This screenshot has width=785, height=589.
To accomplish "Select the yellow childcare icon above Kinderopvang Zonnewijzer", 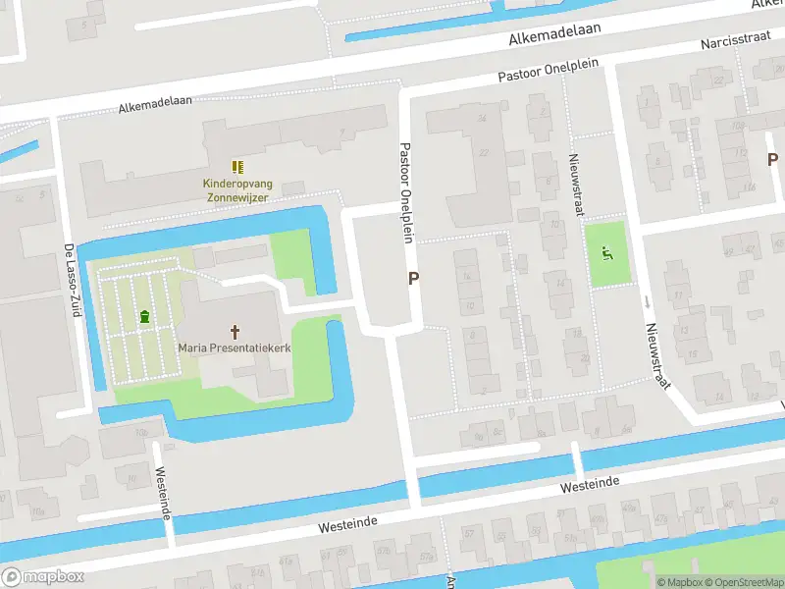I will click(235, 168).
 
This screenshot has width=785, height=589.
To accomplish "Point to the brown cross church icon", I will click(235, 332).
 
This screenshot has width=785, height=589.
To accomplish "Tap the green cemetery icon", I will click(145, 316).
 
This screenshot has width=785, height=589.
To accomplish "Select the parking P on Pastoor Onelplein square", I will click(414, 279).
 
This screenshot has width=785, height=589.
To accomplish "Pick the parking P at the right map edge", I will click(772, 159).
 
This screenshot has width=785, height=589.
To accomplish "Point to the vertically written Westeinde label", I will click(163, 494).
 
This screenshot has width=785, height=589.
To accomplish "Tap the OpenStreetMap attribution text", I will click(743, 582).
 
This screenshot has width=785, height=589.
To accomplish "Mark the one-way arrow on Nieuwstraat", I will click(647, 301).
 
